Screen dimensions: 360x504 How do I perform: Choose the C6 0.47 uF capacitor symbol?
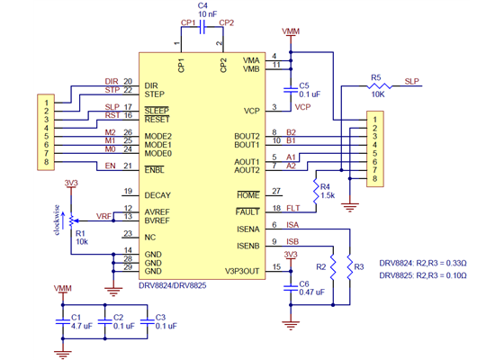[290, 285]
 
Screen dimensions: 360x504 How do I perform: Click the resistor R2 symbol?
[333, 267]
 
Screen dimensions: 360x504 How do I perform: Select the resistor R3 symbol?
[347, 267]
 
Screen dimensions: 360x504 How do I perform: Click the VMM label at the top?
[290, 31]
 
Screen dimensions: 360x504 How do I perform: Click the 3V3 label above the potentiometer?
[71, 183]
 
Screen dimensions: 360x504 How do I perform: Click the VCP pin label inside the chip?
[251, 112]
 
